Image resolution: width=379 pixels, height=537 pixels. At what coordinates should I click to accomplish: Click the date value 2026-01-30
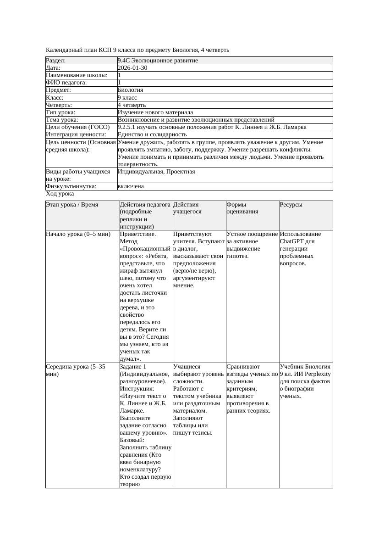tap(132, 68)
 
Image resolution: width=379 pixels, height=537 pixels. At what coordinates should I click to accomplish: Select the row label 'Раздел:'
tap(56, 61)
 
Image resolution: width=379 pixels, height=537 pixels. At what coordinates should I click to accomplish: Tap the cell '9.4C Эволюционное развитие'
tap(158, 61)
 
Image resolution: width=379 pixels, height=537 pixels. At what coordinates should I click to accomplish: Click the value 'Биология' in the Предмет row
tap(131, 90)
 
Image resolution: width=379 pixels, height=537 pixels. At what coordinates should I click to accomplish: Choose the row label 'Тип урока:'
tap(60, 112)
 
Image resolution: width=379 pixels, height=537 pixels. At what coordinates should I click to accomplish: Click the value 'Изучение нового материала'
tap(155, 112)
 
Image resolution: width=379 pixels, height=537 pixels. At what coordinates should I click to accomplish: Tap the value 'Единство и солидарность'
tap(152, 134)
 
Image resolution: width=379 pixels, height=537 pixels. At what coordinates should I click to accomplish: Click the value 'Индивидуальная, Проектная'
tap(156, 172)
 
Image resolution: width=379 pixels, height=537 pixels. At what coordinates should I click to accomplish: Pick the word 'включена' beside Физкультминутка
tap(131, 186)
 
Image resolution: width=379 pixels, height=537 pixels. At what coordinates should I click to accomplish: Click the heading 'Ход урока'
tap(60, 194)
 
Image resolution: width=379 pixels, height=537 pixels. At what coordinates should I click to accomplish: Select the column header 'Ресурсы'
tap(291, 205)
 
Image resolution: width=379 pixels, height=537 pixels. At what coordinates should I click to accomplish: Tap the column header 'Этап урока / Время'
tap(72, 205)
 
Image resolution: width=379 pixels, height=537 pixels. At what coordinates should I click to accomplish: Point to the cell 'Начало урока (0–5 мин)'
tap(78, 234)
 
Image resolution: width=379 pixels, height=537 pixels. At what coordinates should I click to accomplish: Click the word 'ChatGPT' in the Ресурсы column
tap(292, 241)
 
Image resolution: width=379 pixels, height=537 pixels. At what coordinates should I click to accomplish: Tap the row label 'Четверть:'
tap(59, 105)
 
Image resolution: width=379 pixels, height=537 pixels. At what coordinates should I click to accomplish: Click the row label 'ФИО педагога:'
tap(66, 83)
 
